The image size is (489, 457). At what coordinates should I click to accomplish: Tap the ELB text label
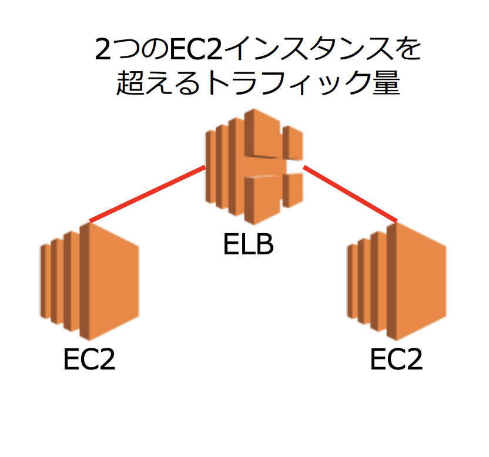[249, 245]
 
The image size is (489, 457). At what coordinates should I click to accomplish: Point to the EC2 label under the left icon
[89, 360]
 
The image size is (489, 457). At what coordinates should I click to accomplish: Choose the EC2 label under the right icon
[396, 360]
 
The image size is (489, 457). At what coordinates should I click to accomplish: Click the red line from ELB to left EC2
[147, 194]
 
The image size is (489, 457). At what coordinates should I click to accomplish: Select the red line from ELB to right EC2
[350, 194]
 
